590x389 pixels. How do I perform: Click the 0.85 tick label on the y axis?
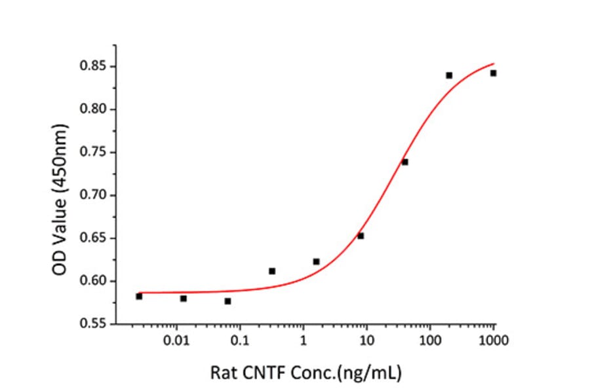coord(94,67)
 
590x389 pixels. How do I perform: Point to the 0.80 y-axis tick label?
coord(94,109)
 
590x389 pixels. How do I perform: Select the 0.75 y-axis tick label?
coord(94,153)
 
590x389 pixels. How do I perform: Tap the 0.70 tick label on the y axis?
coord(94,195)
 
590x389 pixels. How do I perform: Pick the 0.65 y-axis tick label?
coord(94,238)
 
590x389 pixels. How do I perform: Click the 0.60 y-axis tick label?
coord(94,281)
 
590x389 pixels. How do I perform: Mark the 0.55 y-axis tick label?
coord(94,324)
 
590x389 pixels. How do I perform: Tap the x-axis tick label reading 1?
coord(303,341)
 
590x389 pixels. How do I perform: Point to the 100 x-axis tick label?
coord(430,341)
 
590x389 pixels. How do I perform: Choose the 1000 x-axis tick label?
coord(494,341)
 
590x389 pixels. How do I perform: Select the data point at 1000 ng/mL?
coord(493,73)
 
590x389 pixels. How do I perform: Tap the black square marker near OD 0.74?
coord(405,162)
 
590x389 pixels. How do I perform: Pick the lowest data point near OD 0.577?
coord(227,301)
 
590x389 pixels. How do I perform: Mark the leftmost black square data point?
coord(139,297)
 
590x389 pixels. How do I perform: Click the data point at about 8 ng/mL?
coord(361,236)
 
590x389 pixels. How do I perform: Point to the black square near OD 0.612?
coord(272,271)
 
